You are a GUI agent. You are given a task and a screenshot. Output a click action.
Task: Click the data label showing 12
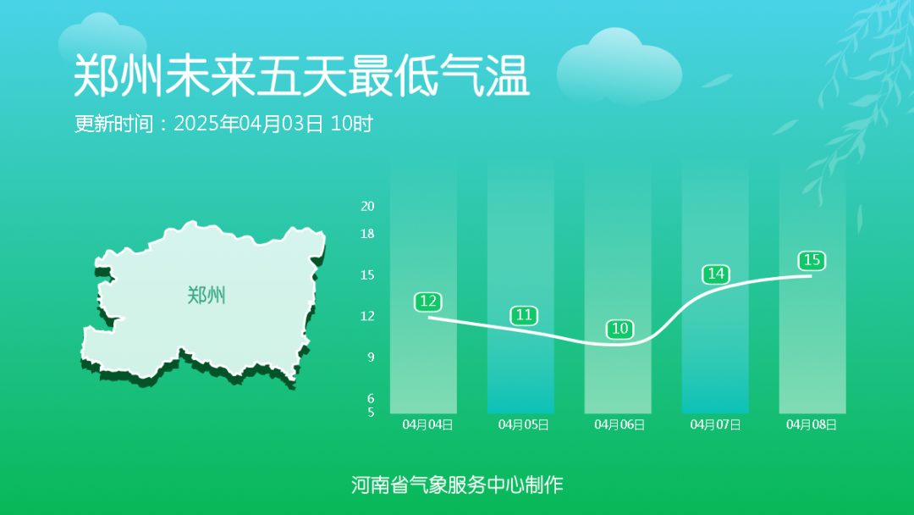pos(428,302)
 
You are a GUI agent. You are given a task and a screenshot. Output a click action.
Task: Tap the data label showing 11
pos(524,316)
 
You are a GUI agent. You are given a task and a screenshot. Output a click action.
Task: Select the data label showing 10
pos(619,329)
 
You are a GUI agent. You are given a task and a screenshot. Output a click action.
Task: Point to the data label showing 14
pos(716,274)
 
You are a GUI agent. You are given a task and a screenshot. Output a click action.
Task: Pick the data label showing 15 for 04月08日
pos(812,260)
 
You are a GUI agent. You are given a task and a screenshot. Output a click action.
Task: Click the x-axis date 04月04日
pos(427,424)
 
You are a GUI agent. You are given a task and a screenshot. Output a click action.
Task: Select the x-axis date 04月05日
pos(524,424)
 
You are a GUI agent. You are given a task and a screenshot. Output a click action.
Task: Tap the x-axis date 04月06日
pos(619,424)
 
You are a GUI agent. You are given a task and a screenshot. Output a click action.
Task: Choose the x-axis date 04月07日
pos(715,424)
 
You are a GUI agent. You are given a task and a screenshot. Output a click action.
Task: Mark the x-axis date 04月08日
pos(812,424)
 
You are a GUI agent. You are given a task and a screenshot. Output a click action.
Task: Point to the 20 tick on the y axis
pos(367,206)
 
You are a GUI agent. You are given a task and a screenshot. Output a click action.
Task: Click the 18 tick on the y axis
pos(367,234)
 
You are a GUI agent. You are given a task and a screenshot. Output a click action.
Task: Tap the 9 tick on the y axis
pos(371,357)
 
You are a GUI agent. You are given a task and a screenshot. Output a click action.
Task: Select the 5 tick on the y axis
pos(371,413)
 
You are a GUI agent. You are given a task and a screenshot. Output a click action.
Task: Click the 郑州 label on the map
pos(206,295)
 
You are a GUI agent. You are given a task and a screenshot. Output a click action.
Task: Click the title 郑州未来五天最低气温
pos(301,76)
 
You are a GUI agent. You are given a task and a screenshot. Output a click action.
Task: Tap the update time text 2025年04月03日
pos(248,124)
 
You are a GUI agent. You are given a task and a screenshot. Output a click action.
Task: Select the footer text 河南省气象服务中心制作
pos(457,485)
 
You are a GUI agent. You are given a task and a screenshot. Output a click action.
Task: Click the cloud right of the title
pos(619,66)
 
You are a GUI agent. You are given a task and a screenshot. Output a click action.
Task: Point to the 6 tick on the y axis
pos(371,398)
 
